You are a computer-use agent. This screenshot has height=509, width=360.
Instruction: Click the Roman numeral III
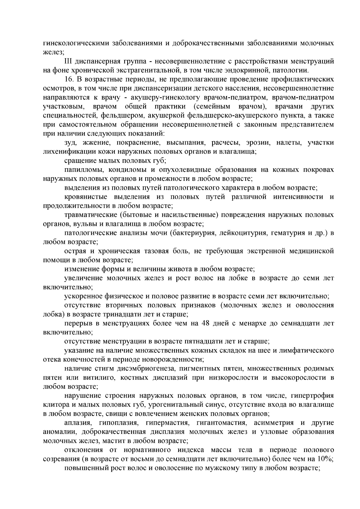click(x=69, y=61)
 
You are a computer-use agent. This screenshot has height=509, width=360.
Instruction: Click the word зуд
click(x=70, y=143)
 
